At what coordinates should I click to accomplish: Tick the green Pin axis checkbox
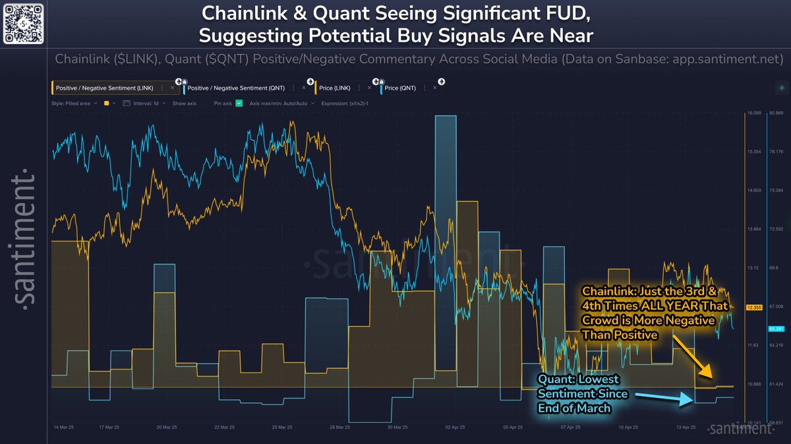click(239, 104)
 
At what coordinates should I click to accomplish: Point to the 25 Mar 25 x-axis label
click(281, 427)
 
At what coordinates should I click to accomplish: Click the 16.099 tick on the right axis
click(753, 113)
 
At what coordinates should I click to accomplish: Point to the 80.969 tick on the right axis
click(776, 113)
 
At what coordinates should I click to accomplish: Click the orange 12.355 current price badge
click(753, 307)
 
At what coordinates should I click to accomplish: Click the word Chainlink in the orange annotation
click(606, 291)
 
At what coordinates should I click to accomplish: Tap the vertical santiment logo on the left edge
click(25, 238)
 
